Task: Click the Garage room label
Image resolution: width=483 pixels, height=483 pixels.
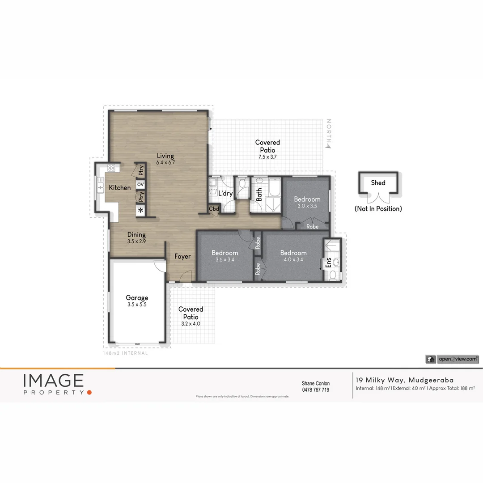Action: pos(137,298)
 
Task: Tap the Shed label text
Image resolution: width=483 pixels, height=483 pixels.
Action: pos(378,182)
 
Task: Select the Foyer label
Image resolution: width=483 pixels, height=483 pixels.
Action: pos(182,257)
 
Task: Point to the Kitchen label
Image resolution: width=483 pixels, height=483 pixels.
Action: pos(120,188)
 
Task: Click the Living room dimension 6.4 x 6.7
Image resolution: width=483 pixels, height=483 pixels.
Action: pos(165,163)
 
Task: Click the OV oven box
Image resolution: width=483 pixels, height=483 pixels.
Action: pos(140,184)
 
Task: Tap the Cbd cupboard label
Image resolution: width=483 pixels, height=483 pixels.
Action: pos(214,209)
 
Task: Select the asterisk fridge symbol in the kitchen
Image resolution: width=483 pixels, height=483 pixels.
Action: pos(140,210)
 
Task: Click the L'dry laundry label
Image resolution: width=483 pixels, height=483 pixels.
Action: pos(225,194)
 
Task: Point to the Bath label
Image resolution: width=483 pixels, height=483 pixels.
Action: pos(259,195)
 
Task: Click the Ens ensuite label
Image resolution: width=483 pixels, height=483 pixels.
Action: pos(328,262)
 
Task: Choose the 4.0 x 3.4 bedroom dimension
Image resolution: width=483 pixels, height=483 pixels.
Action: pos(293,259)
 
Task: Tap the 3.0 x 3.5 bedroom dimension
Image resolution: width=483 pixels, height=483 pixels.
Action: pos(307,206)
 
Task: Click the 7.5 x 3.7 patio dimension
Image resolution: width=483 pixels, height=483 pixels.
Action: pos(267,157)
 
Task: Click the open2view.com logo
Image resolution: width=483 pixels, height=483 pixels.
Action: pos(452,359)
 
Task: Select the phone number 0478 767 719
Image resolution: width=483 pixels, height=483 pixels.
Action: pos(316,390)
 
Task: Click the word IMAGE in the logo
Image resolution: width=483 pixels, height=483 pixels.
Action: pos(53,381)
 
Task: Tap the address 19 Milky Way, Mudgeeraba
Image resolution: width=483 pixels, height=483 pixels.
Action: pos(404,380)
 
